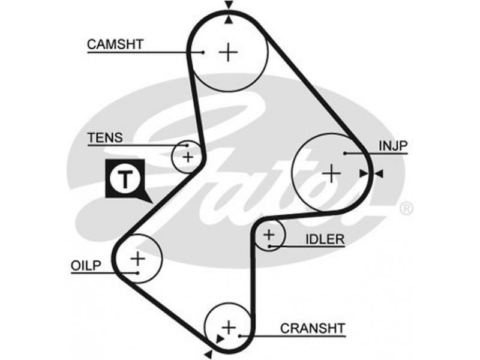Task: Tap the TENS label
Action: (x=105, y=137)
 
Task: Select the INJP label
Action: (x=393, y=146)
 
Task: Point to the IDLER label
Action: (x=325, y=239)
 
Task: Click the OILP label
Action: (x=87, y=265)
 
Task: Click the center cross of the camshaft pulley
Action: (x=228, y=52)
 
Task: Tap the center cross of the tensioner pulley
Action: (x=188, y=157)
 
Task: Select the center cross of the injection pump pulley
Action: (x=331, y=173)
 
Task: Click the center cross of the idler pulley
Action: (x=269, y=235)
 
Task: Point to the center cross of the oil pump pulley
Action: (x=138, y=259)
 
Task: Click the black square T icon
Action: (x=125, y=179)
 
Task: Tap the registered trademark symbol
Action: (x=406, y=208)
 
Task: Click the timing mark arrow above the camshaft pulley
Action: (x=229, y=5)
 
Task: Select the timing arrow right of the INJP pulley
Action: (x=379, y=173)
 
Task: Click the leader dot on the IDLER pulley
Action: (x=271, y=245)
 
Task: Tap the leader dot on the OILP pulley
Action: (x=138, y=273)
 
